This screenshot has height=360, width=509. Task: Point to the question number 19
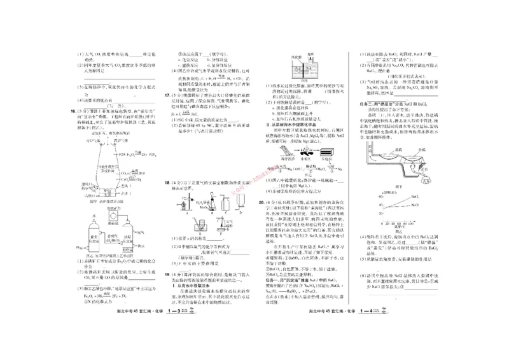pos(167,275)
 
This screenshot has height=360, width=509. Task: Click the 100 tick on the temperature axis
pos(410,225)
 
